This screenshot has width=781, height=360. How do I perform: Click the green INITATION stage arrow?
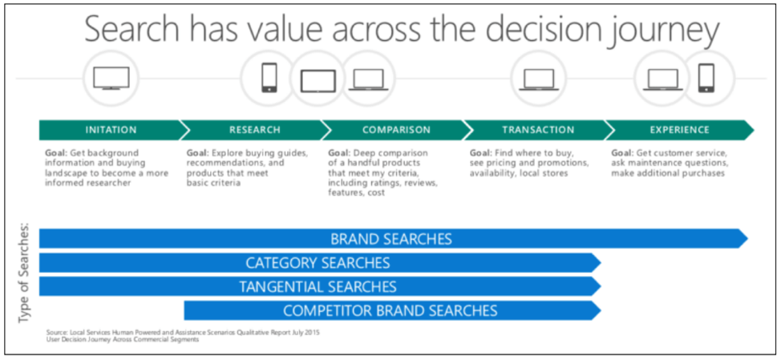coord(111,130)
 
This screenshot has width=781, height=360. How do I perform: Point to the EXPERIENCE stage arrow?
coord(679,130)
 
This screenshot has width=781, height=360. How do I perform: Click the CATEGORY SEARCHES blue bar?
coord(319,262)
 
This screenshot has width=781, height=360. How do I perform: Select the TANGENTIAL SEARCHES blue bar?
coord(319,286)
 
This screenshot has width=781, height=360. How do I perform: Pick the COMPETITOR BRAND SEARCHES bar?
coord(392,310)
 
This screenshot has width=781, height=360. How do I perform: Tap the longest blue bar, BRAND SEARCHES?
coord(392,238)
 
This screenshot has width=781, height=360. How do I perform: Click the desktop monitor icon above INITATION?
coord(111,79)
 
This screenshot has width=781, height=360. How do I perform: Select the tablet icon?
coord(318,81)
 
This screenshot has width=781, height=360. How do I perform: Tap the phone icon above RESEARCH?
coord(269,77)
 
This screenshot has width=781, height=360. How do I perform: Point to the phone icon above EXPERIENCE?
coord(706,79)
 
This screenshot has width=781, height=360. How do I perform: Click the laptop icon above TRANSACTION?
coord(539,79)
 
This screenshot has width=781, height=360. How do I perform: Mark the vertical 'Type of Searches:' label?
coord(24,273)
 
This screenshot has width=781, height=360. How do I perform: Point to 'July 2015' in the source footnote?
coord(304,332)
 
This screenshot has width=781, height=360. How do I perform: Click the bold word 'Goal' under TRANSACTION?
coord(480,153)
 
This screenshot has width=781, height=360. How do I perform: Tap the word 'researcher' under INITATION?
coord(107,184)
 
